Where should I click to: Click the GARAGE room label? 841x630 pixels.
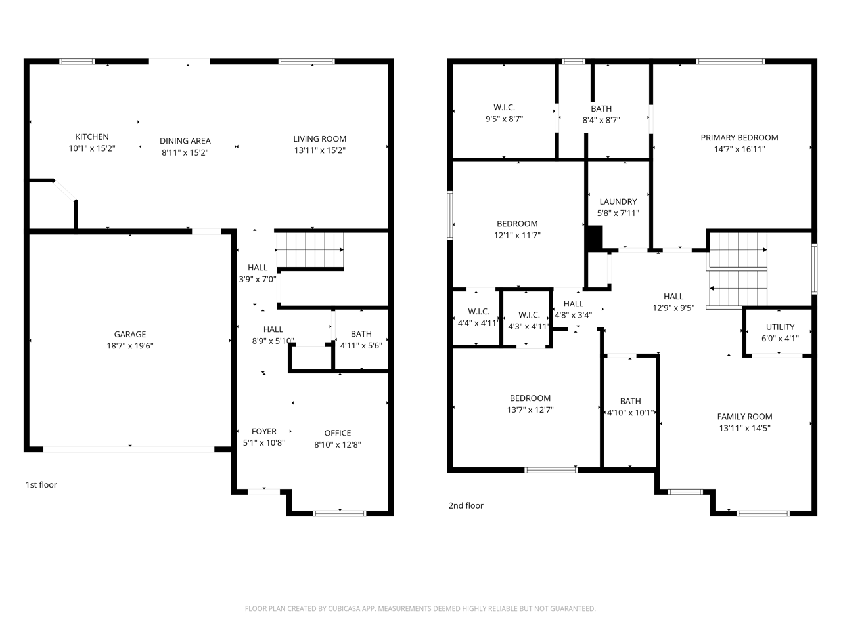pyautogui.click(x=130, y=334)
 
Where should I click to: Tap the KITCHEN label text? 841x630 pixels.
pyautogui.click(x=92, y=136)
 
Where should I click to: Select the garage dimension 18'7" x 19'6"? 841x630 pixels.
pyautogui.click(x=130, y=346)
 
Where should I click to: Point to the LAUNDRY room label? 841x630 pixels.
pyautogui.click(x=618, y=201)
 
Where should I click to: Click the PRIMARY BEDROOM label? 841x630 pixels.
pyautogui.click(x=739, y=138)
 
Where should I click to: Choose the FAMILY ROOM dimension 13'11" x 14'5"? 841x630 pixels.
pyautogui.click(x=745, y=428)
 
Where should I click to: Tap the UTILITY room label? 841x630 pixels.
pyautogui.click(x=780, y=327)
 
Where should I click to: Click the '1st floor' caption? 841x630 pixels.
pyautogui.click(x=41, y=485)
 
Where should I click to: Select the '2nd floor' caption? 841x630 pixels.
pyautogui.click(x=466, y=505)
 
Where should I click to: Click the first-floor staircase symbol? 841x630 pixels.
pyautogui.click(x=310, y=250)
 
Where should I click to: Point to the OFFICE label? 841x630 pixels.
pyautogui.click(x=338, y=433)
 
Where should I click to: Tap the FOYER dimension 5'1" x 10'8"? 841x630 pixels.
pyautogui.click(x=264, y=443)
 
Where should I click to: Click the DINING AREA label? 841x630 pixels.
pyautogui.click(x=185, y=140)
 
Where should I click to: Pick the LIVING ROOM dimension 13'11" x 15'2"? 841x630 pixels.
pyautogui.click(x=320, y=150)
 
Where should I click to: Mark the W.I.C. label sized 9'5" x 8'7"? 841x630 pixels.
pyautogui.click(x=504, y=108)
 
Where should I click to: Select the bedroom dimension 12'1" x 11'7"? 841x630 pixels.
pyautogui.click(x=517, y=235)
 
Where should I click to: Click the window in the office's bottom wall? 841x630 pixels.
pyautogui.click(x=340, y=513)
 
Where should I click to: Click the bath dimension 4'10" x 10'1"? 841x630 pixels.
pyautogui.click(x=631, y=413)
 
